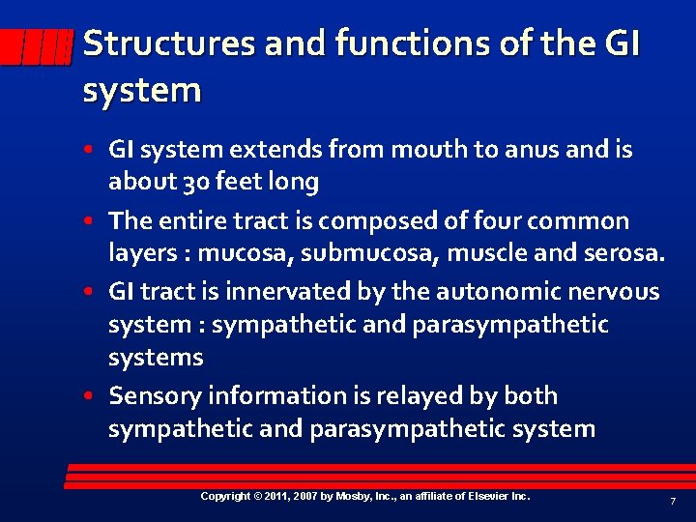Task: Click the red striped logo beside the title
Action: pos(37,45)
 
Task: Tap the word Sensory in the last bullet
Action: pos(152,396)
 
